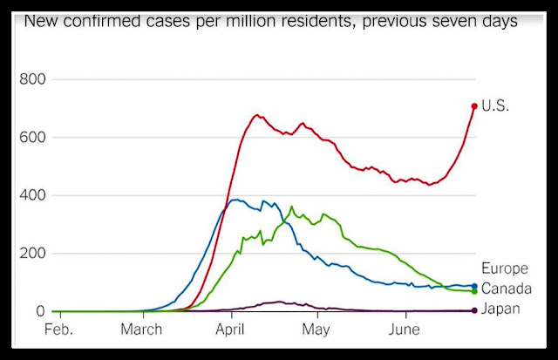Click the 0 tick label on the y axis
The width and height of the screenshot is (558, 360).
pos(40,311)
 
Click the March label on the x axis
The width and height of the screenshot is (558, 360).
pos(140,330)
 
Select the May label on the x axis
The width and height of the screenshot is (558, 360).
pos(315,330)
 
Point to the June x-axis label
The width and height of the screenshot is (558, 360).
pos(404,330)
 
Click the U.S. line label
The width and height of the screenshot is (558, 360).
pos(496,106)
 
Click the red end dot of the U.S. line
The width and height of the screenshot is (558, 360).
pos(474,106)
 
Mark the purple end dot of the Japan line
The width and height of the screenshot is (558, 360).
pos(473,310)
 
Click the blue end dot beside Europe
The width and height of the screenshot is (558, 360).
pos(473,286)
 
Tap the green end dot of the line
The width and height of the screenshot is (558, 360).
pos(473,291)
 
